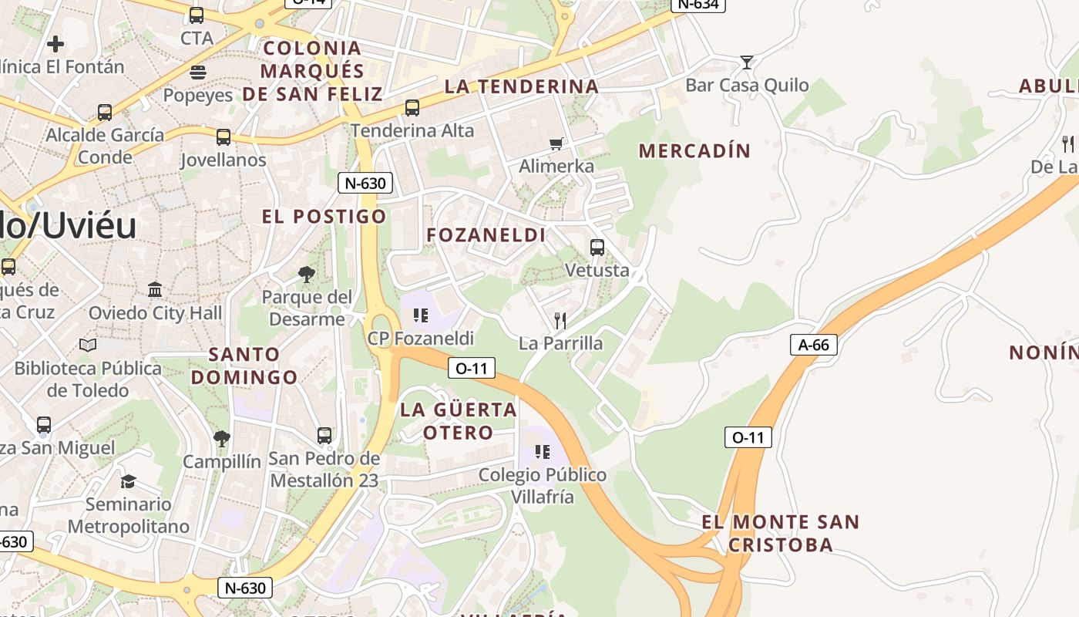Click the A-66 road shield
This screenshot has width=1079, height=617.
click(813, 345)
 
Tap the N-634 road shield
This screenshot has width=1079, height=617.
click(698, 4)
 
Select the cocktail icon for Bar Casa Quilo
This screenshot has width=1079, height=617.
click(746, 62)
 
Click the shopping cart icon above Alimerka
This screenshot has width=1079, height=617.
click(556, 143)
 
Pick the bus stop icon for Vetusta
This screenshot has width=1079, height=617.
click(597, 248)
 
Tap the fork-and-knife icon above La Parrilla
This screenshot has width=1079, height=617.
click(560, 320)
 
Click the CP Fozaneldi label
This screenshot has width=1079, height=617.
click(420, 338)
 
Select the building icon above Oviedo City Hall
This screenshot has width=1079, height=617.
click(155, 290)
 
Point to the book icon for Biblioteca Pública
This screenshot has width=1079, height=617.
click(88, 345)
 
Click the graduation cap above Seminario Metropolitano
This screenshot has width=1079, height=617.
click(128, 481)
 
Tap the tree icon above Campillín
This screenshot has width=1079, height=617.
click(222, 439)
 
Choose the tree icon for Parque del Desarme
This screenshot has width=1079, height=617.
click(307, 274)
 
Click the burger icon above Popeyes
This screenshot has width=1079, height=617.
click(198, 72)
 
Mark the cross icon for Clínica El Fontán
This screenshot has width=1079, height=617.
click(55, 44)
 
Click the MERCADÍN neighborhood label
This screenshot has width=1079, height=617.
click(694, 151)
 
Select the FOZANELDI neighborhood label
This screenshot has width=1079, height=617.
click(486, 235)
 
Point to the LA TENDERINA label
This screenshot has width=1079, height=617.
click(522, 86)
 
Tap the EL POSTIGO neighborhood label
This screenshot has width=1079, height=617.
click(324, 216)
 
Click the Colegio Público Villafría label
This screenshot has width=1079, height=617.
click(543, 485)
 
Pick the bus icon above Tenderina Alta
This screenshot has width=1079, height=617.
click(412, 108)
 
